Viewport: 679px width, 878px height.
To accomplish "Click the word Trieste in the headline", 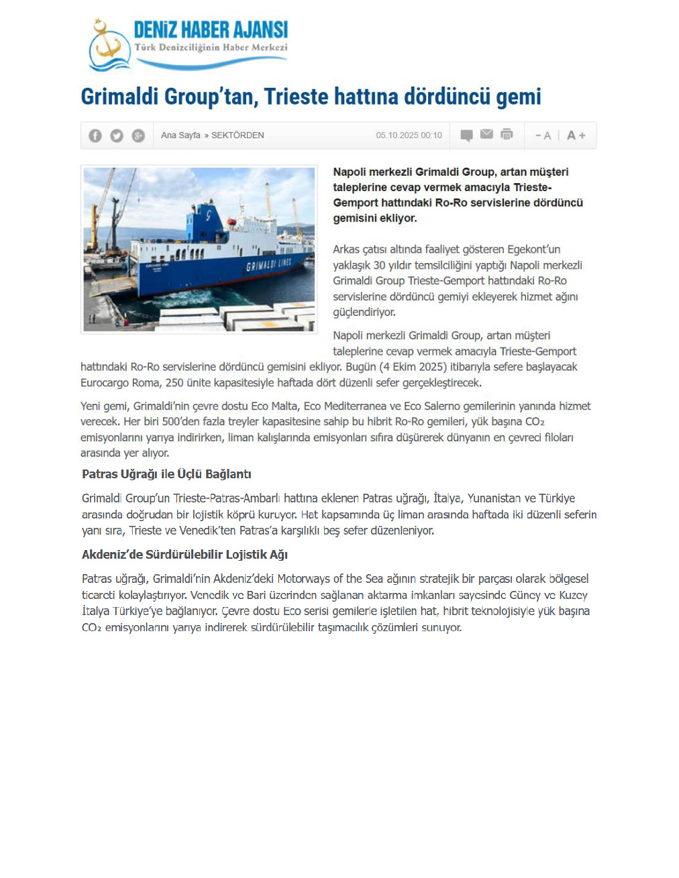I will [x=296, y=97].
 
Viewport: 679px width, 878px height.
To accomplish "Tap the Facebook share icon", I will [x=95, y=135].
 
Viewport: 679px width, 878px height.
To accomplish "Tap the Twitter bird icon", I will [x=117, y=135].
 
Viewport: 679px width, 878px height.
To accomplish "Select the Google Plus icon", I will [x=138, y=135].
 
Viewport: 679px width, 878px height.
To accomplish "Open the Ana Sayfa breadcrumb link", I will [x=180, y=135].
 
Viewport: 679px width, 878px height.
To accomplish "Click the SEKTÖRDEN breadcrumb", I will [x=238, y=135].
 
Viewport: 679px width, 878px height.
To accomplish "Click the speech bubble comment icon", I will [x=466, y=135].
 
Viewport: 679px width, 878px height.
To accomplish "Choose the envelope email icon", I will [x=487, y=134].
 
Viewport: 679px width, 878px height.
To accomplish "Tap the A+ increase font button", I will [x=576, y=135].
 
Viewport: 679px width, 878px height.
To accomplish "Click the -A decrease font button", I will [x=543, y=135].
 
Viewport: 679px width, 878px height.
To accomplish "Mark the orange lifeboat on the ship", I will [x=231, y=221].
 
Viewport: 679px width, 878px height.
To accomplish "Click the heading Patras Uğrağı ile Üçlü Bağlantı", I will [x=166, y=474].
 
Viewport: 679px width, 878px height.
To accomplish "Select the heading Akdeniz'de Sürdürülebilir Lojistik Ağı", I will [x=185, y=555].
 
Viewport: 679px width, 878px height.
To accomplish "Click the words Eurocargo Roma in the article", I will [x=121, y=383].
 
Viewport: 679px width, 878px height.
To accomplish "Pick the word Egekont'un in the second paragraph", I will [x=533, y=250].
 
